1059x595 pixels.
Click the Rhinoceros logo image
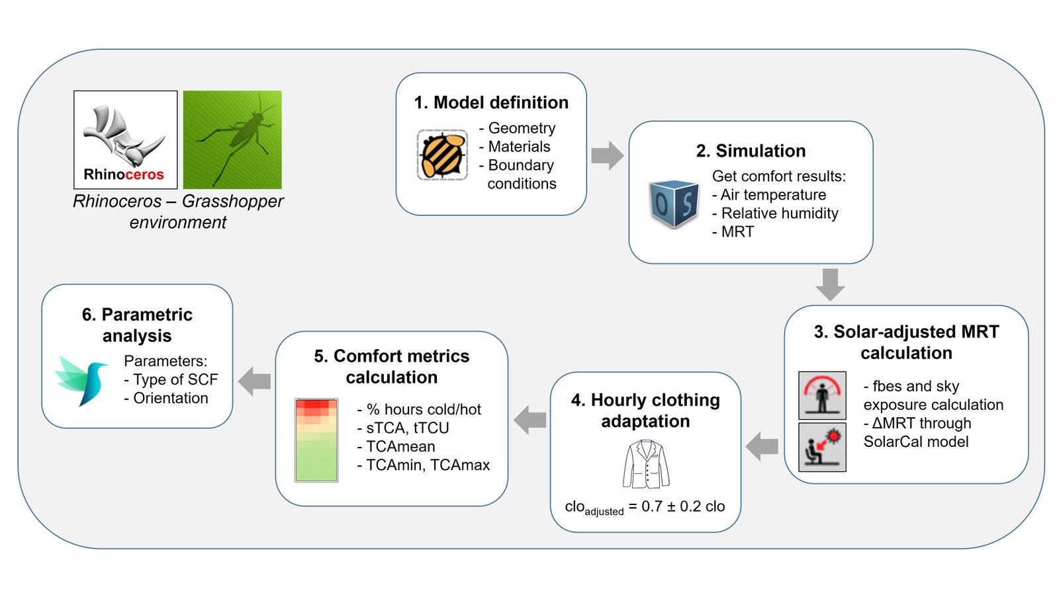(125, 139)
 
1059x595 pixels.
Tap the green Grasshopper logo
(232, 139)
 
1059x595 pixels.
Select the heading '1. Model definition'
(491, 102)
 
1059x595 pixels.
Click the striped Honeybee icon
(443, 155)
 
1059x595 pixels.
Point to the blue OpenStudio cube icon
(674, 204)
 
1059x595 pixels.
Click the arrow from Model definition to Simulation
(608, 155)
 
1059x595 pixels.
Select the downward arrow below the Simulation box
(830, 285)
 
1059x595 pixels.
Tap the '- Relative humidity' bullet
(775, 213)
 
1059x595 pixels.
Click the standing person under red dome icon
(822, 395)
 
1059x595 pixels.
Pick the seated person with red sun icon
(822, 447)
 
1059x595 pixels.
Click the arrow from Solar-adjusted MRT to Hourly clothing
(762, 446)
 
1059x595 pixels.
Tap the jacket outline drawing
(646, 463)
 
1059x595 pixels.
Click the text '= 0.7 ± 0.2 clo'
(676, 506)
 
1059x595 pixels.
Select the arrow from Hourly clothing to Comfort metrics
(530, 420)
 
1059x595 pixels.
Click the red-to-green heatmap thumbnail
(316, 440)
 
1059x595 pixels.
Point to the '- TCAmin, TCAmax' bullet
(424, 465)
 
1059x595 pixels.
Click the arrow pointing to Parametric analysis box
(254, 381)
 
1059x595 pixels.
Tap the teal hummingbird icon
(82, 381)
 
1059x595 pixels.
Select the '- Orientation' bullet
(166, 398)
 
